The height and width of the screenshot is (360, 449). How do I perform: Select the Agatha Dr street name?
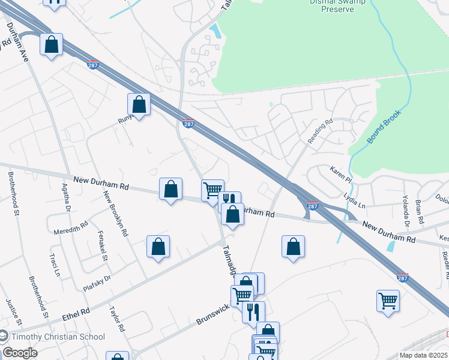coord(66,202)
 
